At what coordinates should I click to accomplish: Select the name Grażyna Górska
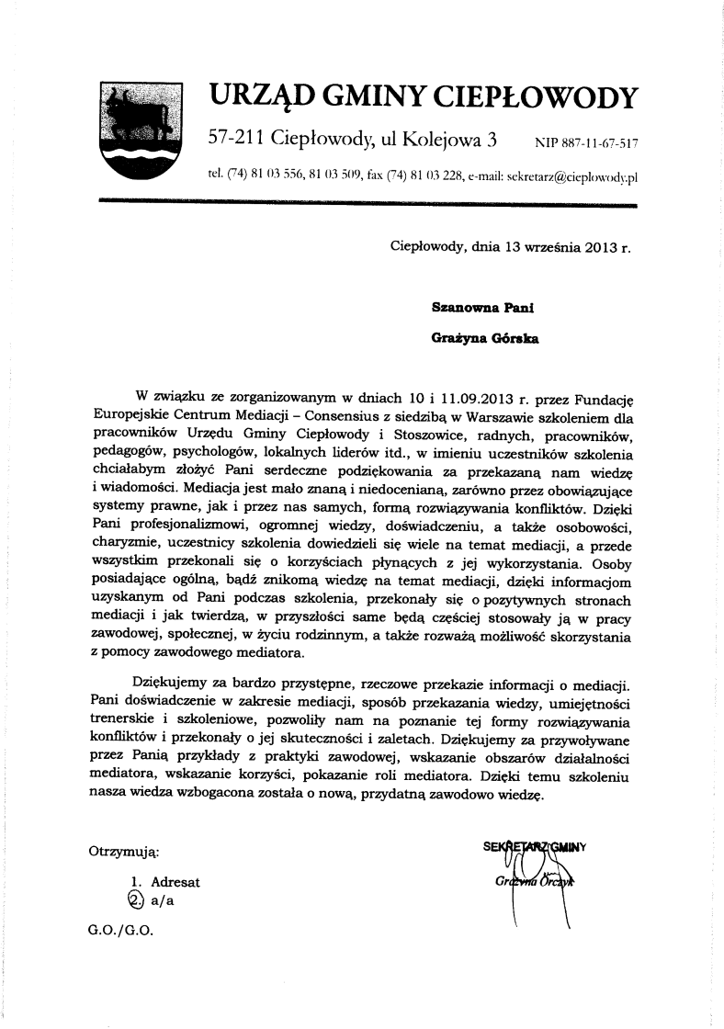[x=485, y=338]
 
